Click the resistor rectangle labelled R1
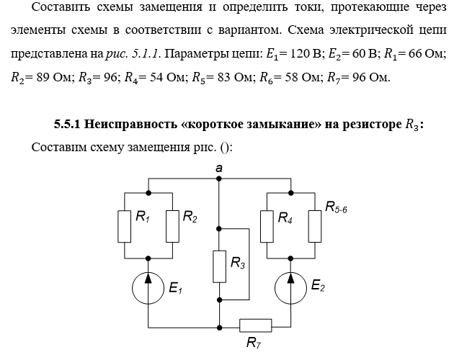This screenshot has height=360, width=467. (126, 225)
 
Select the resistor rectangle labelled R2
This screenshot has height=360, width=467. (172, 225)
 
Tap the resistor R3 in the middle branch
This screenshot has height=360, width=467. (218, 266)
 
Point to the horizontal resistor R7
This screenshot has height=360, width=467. (255, 325)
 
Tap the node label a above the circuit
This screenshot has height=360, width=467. (218, 167)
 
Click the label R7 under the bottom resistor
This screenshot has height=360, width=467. (254, 343)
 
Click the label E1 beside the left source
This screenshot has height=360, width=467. (176, 289)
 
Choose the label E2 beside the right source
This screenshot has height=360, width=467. (318, 287)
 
